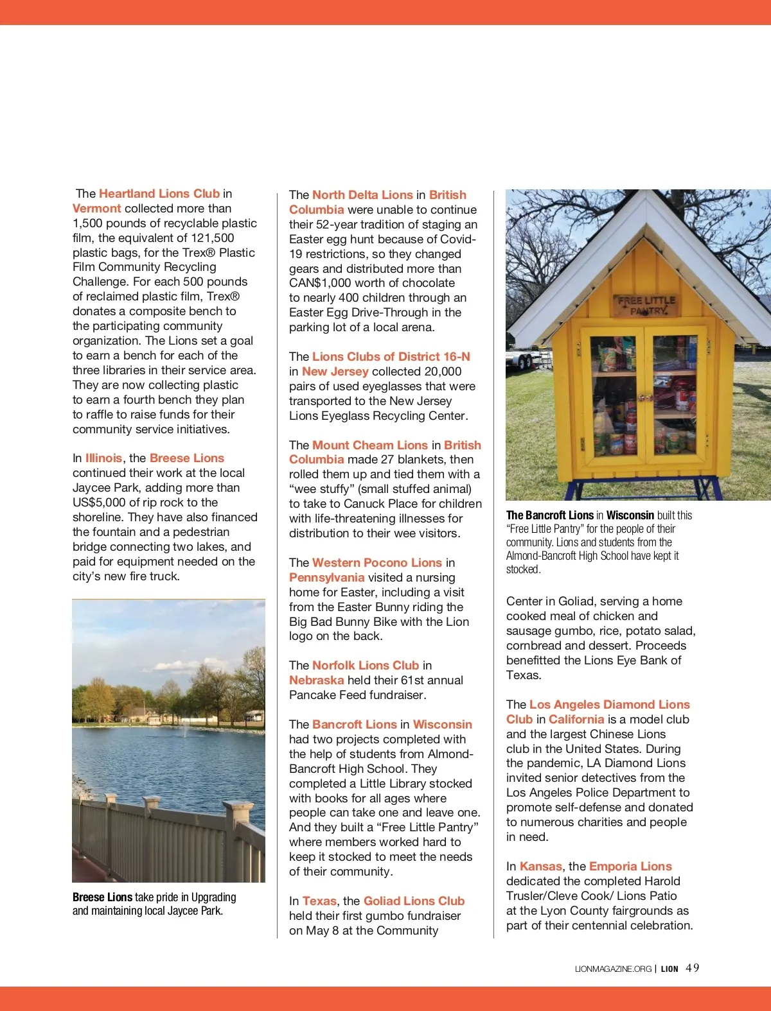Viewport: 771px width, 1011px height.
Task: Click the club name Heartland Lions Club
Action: (159, 194)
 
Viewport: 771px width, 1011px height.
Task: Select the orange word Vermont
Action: (96, 209)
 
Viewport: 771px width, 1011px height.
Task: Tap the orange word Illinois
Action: (103, 458)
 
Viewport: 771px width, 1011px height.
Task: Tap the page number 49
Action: (693, 968)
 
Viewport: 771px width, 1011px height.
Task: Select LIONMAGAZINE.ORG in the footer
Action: (613, 969)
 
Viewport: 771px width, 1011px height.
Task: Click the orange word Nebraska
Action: (316, 680)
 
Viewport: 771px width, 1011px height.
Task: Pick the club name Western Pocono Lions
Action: (377, 563)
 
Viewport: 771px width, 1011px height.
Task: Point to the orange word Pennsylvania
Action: (326, 578)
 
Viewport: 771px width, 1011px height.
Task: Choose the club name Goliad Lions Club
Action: (414, 901)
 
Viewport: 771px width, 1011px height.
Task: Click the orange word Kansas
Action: (540, 867)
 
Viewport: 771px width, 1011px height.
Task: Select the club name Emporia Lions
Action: (630, 867)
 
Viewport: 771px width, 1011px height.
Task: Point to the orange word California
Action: (576, 720)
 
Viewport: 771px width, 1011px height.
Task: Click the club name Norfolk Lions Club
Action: (366, 666)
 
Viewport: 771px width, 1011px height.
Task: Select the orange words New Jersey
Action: (335, 372)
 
